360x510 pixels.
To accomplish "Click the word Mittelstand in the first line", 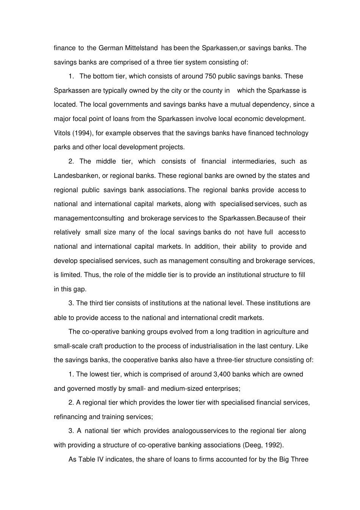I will click(141, 48).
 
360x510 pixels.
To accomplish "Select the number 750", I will click(210, 76).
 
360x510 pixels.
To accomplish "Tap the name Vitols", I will click(63, 133).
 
